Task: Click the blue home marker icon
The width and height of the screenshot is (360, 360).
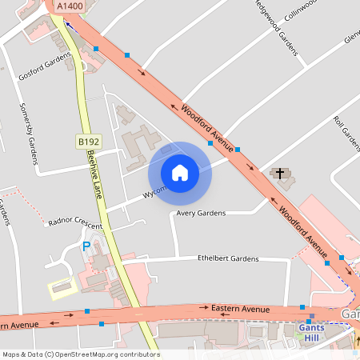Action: (180, 173)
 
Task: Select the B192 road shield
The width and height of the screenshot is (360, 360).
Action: (89, 142)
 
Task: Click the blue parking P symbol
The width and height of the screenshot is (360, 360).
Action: (86, 246)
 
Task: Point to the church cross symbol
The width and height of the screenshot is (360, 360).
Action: (279, 173)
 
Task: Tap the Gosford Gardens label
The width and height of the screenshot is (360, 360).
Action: (45, 70)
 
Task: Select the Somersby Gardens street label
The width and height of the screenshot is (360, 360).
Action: (30, 133)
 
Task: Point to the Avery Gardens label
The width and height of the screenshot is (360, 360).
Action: (202, 214)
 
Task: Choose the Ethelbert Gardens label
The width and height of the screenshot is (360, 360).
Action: (228, 259)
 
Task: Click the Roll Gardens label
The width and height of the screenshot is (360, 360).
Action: (346, 133)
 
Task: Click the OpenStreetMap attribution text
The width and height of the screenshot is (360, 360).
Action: (80, 354)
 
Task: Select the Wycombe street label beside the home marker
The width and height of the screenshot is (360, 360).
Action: (154, 192)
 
